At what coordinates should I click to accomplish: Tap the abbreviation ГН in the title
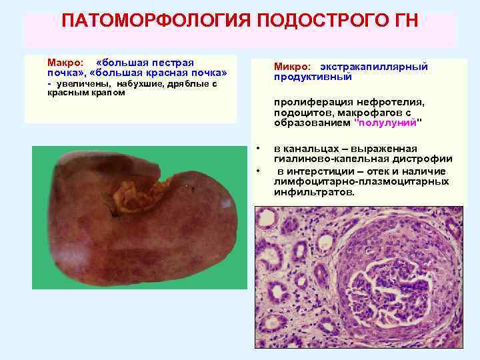[x=402, y=20]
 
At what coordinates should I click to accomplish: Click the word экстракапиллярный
[x=373, y=67]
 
